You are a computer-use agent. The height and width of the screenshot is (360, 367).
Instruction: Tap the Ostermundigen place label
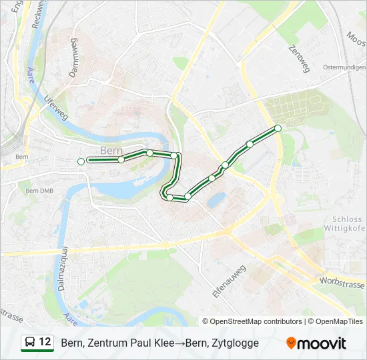tap(344, 67)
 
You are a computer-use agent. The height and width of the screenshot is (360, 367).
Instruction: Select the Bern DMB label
tap(39, 191)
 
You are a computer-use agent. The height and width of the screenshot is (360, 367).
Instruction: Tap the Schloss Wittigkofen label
tap(348, 223)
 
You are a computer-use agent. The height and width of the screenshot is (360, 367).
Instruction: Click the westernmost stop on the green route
tap(81, 161)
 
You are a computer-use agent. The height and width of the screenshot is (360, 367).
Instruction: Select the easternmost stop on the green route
tap(278, 128)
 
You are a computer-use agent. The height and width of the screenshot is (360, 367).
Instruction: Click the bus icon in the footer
tap(30, 343)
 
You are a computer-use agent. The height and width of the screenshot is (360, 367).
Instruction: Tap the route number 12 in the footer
tap(45, 342)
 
